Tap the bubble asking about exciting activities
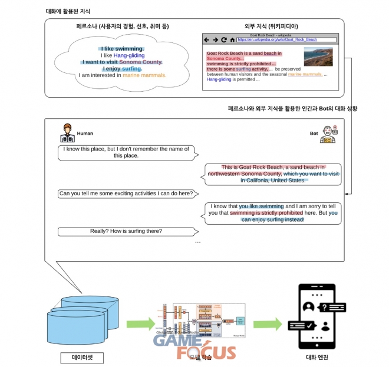[128, 193]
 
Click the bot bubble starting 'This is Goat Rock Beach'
[274, 174]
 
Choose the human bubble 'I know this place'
[125, 152]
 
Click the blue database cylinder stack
[80, 318]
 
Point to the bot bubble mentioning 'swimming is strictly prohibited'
[274, 213]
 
